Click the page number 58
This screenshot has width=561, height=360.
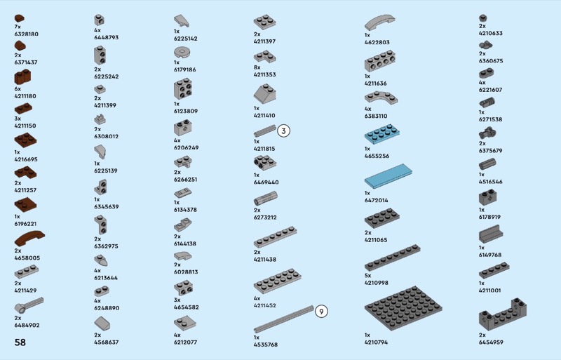pos(20,342)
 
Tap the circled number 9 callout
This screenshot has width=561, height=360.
pos(321,312)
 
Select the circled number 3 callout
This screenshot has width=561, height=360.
pos(283,131)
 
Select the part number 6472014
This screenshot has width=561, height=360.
pos(377,201)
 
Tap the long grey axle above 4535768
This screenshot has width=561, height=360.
pos(283,319)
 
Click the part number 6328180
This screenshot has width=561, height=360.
pos(27,34)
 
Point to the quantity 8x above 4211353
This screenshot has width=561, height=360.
pos(257,67)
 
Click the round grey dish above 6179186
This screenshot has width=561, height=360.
pos(183,51)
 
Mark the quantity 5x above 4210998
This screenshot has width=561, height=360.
pos(367,275)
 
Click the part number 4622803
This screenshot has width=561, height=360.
pos(377,42)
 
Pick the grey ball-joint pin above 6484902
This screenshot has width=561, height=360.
pos(29,305)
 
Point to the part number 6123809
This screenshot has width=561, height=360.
pos(186,111)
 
